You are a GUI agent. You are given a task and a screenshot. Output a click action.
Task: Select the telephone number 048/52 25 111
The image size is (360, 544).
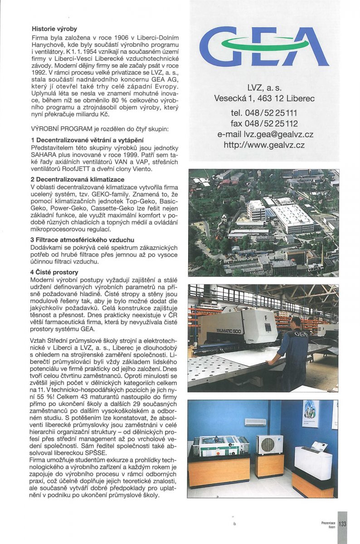pos(264,112)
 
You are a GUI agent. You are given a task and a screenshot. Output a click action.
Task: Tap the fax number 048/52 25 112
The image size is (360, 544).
pos(264,123)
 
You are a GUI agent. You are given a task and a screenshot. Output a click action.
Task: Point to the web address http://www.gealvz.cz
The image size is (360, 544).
pos(264,145)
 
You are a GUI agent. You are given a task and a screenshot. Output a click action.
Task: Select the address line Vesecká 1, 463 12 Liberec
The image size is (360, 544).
pos(264,98)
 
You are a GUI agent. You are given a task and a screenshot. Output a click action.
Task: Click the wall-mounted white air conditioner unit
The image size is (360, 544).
pos(255,422)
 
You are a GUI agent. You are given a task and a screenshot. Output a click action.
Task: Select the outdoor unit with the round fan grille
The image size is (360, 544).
pos(270,445)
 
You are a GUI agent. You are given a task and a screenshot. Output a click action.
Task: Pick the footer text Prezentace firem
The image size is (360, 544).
pos(328,525)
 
